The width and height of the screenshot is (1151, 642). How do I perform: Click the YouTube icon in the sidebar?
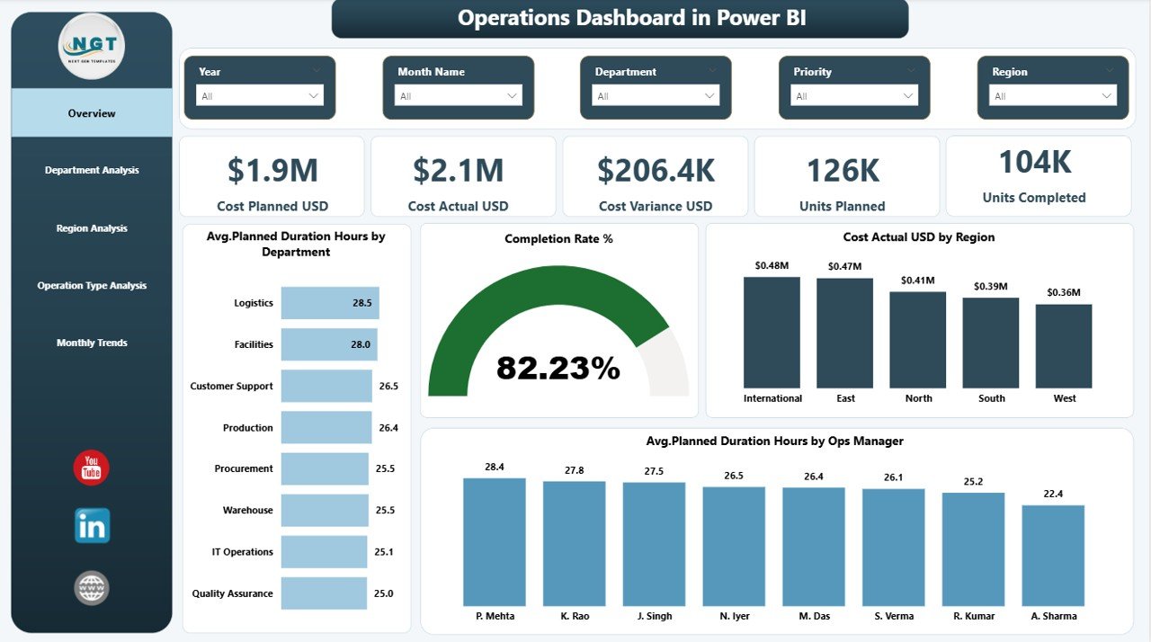(91, 468)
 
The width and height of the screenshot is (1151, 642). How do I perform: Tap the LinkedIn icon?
(92, 526)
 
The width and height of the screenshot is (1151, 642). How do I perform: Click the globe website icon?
(92, 588)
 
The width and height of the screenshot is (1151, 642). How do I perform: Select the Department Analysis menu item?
(92, 170)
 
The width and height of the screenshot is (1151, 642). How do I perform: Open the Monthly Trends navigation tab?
(92, 343)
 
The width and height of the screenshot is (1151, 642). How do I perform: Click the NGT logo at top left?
(91, 46)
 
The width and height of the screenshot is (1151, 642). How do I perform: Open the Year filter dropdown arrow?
(314, 95)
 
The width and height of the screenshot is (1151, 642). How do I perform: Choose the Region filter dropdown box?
(1052, 95)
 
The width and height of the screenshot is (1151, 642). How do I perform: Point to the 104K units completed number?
(1034, 162)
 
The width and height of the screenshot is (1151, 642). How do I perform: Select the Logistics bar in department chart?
(329, 303)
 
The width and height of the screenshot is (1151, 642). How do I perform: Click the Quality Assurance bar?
(324, 593)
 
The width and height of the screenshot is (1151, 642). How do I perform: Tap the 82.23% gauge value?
(558, 367)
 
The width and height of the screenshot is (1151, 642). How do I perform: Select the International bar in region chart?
(772, 332)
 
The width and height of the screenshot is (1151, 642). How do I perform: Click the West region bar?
(1063, 345)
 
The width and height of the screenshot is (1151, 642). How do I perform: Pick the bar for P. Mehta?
(495, 541)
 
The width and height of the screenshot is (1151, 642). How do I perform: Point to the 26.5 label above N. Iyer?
(734, 475)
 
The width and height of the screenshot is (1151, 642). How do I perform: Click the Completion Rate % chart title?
(558, 238)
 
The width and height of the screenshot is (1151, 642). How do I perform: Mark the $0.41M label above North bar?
(917, 280)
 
